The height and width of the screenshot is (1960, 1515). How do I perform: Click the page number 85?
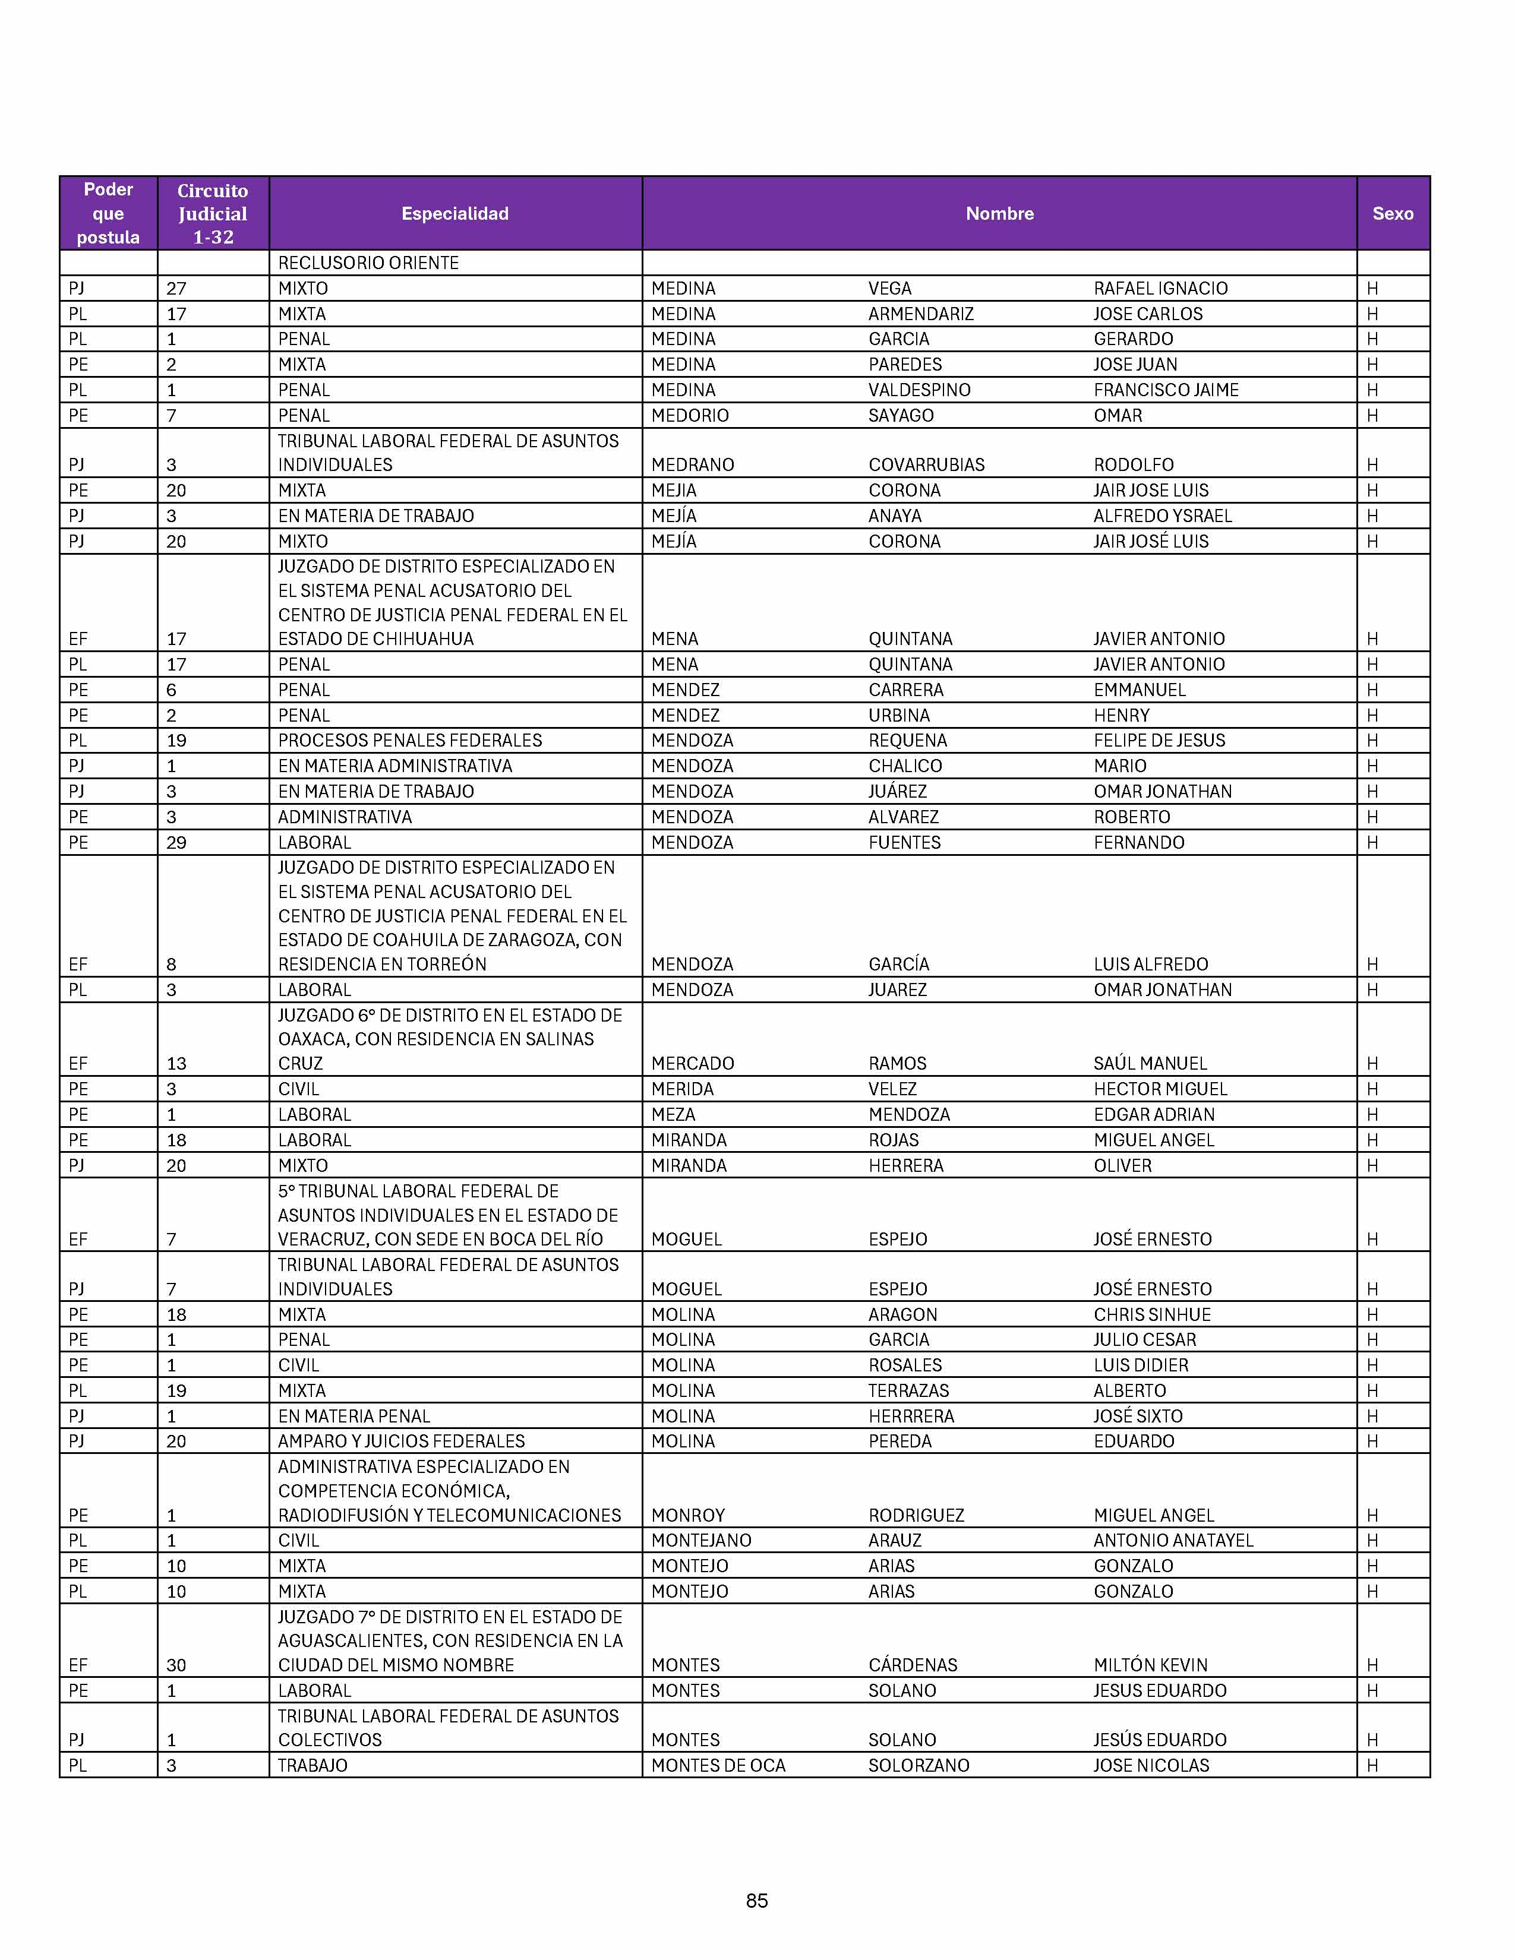[x=756, y=1901]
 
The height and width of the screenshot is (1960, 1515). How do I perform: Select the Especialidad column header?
[x=455, y=214]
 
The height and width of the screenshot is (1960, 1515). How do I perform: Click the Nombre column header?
[x=999, y=214]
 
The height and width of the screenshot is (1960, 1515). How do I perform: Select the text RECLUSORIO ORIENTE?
[x=368, y=263]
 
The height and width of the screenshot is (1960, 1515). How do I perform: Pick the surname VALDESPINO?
[x=919, y=390]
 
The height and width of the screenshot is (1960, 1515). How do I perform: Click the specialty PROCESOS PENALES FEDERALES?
[x=409, y=741]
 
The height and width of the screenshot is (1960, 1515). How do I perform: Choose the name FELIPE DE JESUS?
[x=1159, y=741]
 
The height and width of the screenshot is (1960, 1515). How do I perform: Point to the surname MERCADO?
[x=692, y=1064]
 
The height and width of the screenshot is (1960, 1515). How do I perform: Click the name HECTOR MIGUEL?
[x=1160, y=1089]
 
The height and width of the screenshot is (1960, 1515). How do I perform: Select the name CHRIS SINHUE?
[x=1151, y=1315]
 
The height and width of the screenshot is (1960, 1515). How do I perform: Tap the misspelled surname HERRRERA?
[x=911, y=1416]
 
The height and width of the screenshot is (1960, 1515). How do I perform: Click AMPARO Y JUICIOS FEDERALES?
[x=401, y=1441]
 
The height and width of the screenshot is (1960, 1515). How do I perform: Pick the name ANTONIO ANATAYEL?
[x=1173, y=1541]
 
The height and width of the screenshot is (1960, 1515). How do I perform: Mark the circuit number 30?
[x=176, y=1665]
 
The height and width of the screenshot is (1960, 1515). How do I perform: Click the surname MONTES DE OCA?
[x=718, y=1765]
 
